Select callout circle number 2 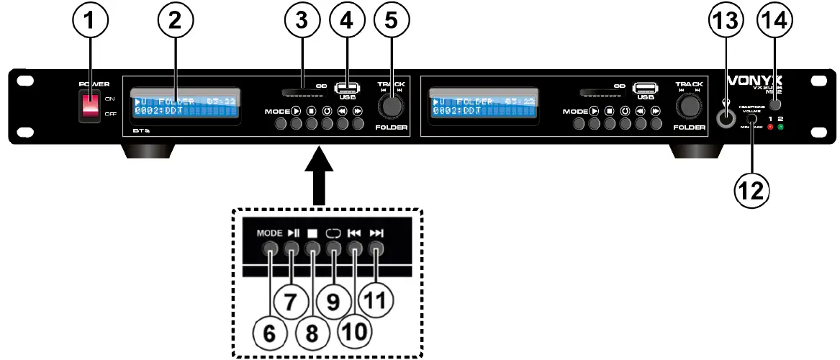point(173,22)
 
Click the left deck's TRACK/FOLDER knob point(392,107)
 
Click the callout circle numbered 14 point(774,22)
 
